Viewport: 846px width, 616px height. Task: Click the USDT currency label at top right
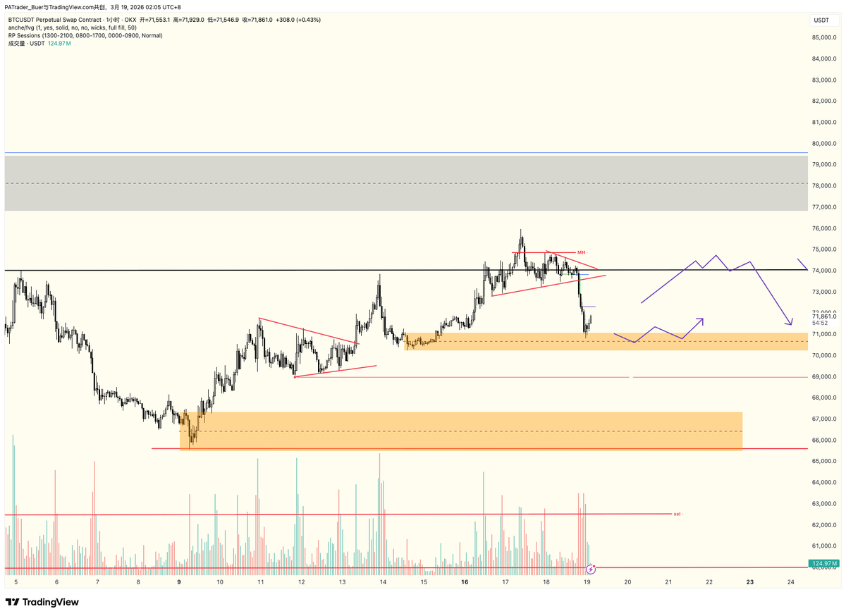point(821,20)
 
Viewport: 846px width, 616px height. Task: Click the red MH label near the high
point(582,252)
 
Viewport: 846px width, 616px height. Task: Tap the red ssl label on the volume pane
point(677,514)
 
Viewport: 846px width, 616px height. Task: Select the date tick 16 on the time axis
point(465,583)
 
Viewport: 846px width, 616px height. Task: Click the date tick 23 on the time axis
point(750,583)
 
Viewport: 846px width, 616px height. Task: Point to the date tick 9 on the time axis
point(180,583)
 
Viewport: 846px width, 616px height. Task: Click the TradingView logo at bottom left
point(42,603)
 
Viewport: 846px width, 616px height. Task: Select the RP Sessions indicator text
point(85,35)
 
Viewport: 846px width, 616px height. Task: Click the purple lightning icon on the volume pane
point(591,568)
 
